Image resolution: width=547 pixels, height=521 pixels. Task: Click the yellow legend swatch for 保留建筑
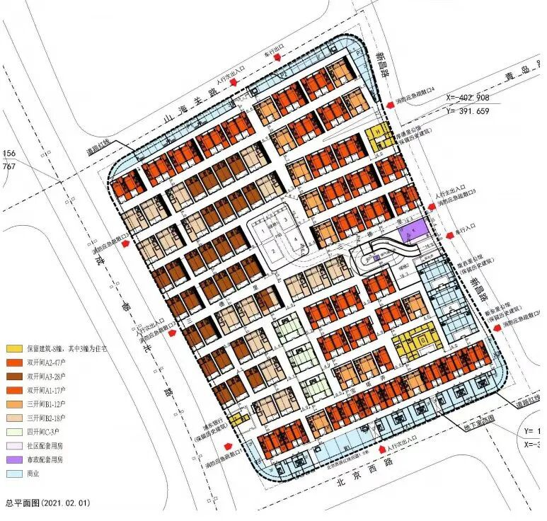13,348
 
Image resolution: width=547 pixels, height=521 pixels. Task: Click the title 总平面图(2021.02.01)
47,503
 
